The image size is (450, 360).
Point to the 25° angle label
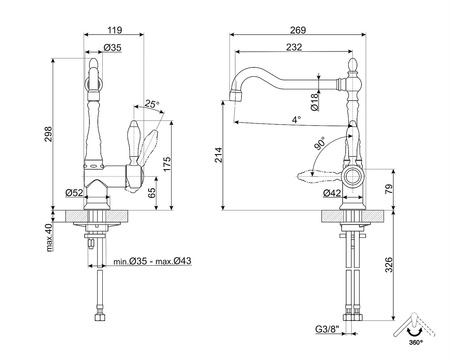coord(150,103)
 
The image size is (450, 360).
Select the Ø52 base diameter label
coord(74,192)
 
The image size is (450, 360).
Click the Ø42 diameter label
coord(332,192)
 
